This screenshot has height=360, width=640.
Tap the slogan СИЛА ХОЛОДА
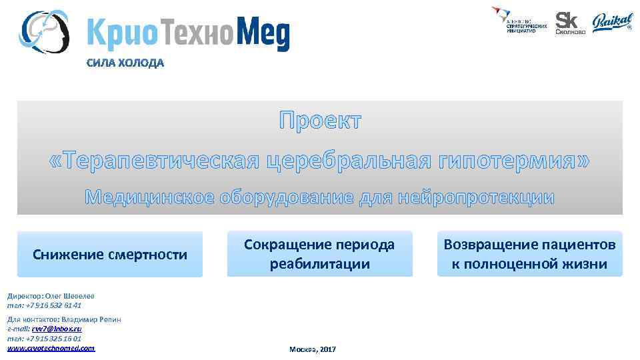pos(123,64)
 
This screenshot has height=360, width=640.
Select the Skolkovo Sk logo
pos(570,23)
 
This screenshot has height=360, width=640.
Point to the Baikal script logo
pos(612,23)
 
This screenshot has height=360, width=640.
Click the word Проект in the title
pos(320,121)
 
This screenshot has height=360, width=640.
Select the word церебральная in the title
pos(351,161)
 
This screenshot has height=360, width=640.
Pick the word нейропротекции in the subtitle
pos(475,197)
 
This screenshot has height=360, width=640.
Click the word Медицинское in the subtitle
pos(149,197)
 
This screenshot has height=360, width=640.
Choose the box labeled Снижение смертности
pos(110,254)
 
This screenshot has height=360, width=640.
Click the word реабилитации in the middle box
pos(319,263)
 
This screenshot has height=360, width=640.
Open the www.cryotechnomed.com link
pos(51,348)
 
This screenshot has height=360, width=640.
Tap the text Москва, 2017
pos(313,349)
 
